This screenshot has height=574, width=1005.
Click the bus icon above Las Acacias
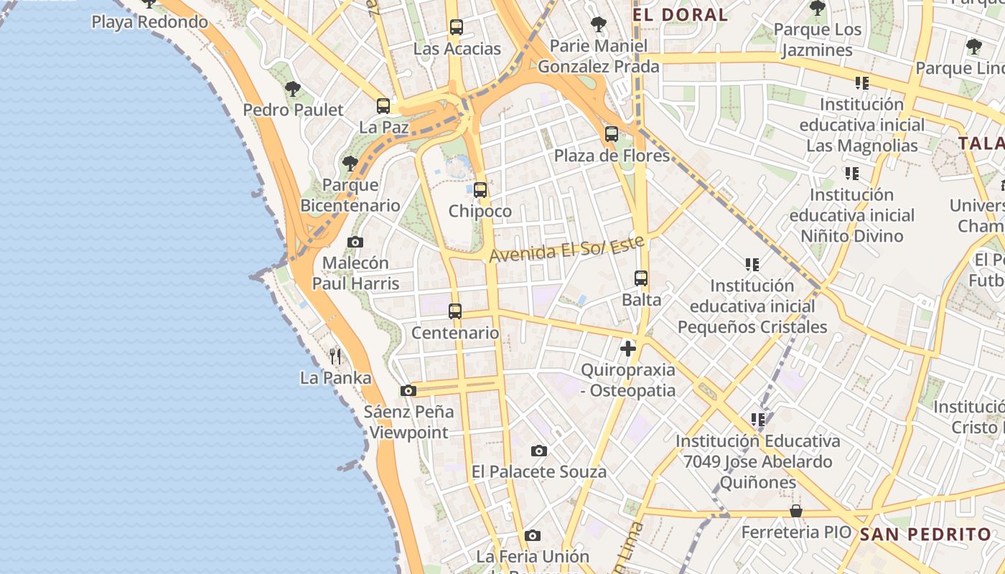[x=456, y=27]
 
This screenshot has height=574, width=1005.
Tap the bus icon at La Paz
[x=383, y=106]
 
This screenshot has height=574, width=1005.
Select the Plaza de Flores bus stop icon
[x=612, y=134]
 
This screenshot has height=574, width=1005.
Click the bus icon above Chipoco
[x=480, y=190]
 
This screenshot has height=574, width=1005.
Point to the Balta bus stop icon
[x=641, y=278]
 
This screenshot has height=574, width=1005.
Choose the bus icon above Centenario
[x=455, y=311]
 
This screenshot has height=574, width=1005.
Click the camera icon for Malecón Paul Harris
[x=355, y=243]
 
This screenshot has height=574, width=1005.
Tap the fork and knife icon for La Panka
[x=335, y=356]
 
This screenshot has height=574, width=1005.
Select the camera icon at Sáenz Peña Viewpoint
[x=408, y=391]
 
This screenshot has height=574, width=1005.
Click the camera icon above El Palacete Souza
[x=539, y=451]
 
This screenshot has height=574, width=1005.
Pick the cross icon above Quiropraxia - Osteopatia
[x=628, y=349]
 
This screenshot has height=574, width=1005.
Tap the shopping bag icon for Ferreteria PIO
[x=796, y=511]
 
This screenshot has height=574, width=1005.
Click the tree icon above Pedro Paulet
[x=292, y=89]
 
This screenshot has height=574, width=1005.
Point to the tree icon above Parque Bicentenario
[x=350, y=164]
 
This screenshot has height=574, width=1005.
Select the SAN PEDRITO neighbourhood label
[x=925, y=534]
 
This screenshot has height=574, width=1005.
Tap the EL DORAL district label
[x=680, y=14]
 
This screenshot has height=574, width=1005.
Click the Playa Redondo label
[x=149, y=22]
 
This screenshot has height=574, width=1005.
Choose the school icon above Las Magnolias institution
[x=862, y=83]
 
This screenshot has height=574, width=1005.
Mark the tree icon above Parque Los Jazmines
[x=817, y=9]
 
